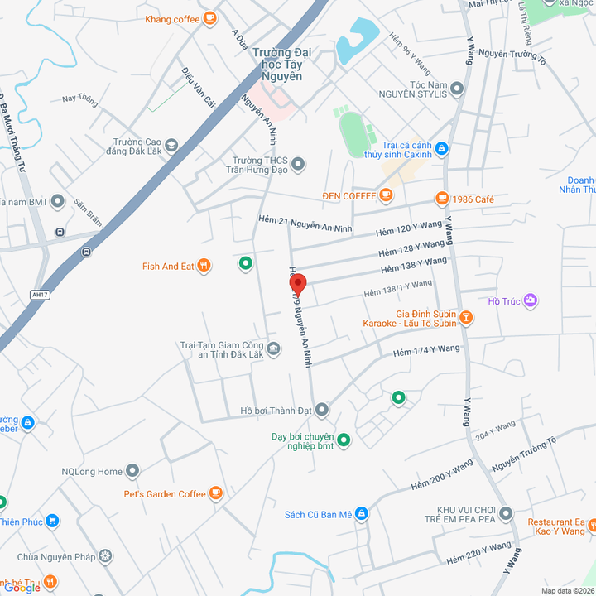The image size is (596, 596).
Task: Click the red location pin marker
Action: pyautogui.click(x=298, y=285)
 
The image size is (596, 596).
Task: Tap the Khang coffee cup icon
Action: pyautogui.click(x=210, y=17)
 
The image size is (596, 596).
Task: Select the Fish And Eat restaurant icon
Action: pyautogui.click(x=204, y=266)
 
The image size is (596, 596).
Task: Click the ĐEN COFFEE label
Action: pyautogui.click(x=348, y=196)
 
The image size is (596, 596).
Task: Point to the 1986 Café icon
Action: pyautogui.click(x=443, y=199)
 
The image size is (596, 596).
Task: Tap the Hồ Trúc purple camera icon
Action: pyautogui.click(x=531, y=301)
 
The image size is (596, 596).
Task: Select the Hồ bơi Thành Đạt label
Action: pyautogui.click(x=276, y=410)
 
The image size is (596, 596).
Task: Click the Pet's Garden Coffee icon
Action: pyautogui.click(x=216, y=493)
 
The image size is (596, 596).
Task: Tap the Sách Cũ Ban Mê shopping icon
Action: pyautogui.click(x=361, y=514)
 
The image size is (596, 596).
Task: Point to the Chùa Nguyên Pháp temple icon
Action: pyautogui.click(x=104, y=555)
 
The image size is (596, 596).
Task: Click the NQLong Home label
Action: pyautogui.click(x=91, y=472)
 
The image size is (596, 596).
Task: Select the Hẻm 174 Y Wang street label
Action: pyautogui.click(x=426, y=351)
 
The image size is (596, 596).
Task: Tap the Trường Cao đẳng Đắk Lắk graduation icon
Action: pyautogui.click(x=171, y=147)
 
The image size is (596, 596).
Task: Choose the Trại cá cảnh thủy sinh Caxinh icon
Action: pyautogui.click(x=442, y=148)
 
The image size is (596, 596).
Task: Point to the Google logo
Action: pyautogui.click(x=22, y=587)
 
